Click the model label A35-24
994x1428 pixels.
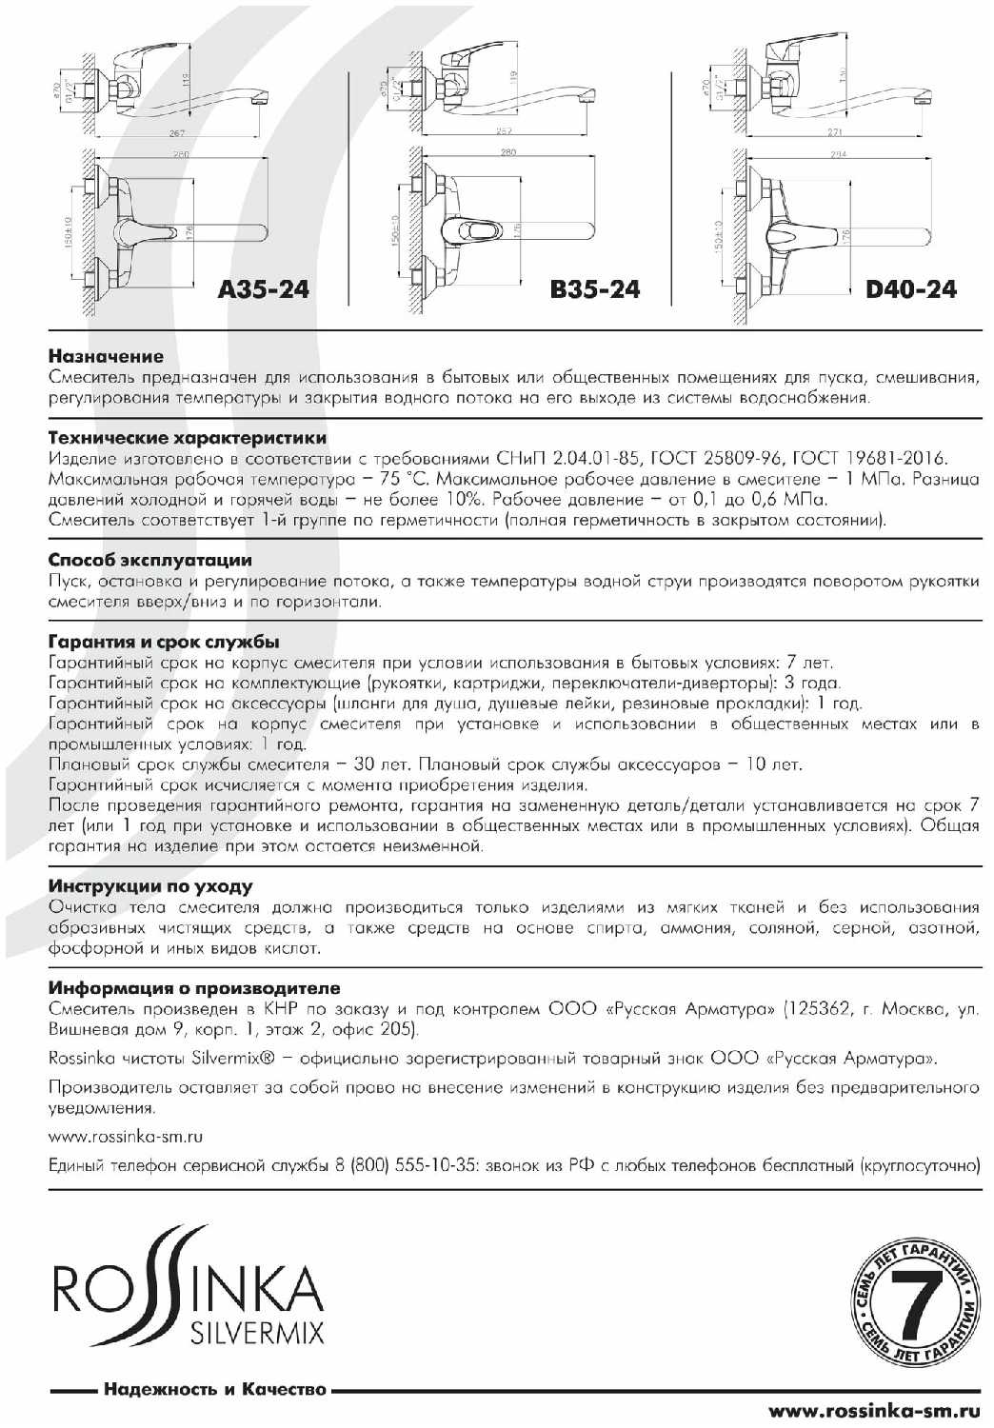[x=263, y=288]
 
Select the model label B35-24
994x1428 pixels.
[x=594, y=288]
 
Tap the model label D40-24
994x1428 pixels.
[x=911, y=288]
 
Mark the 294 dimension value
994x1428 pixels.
[x=838, y=154]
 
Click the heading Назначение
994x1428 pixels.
[x=106, y=357]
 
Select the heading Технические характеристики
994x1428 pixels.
[x=188, y=438]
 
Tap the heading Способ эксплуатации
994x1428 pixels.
[x=149, y=560]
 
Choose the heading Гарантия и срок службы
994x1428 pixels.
[x=164, y=642]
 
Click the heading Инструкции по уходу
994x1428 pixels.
[x=150, y=886]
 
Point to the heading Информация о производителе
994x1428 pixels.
[x=194, y=988]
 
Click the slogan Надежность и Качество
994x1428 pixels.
[x=214, y=1389]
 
